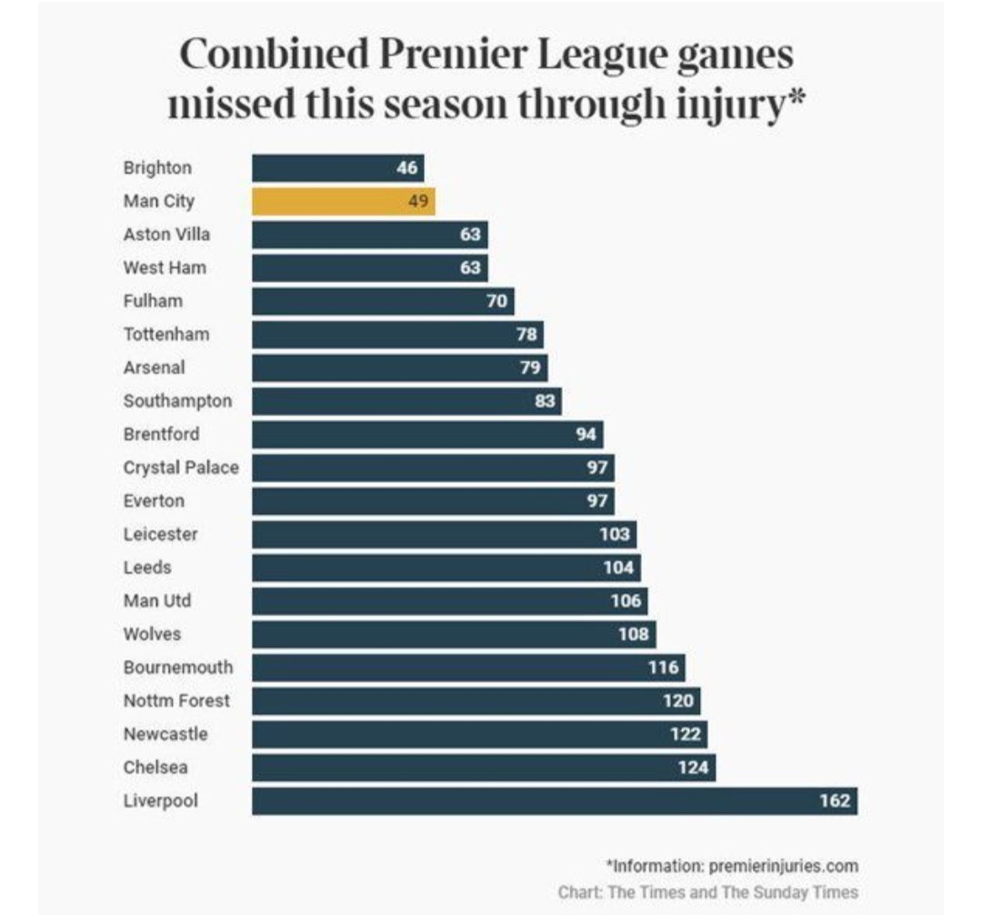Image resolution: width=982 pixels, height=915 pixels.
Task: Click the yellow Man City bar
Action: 344,202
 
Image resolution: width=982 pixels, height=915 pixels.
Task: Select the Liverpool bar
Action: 555,801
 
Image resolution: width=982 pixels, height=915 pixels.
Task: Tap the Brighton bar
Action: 338,168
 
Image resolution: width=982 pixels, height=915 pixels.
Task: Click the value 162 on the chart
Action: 835,800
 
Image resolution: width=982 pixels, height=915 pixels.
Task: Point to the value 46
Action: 407,168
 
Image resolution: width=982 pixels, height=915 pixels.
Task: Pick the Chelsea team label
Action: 155,767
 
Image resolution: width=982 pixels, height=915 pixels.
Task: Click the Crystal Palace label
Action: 181,468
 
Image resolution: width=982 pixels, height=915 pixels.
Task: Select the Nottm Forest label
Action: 176,701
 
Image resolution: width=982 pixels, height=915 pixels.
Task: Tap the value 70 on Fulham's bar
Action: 496,301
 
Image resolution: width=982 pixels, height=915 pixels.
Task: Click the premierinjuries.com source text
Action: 784,866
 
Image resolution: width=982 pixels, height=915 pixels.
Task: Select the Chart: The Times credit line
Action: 707,892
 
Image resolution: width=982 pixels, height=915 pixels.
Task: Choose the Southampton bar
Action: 407,401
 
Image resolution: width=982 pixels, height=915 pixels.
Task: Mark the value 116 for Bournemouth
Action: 663,668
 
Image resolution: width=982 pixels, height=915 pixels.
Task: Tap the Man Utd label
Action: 157,600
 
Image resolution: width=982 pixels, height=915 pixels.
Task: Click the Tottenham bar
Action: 397,335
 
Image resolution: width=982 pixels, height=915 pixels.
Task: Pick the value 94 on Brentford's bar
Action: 586,434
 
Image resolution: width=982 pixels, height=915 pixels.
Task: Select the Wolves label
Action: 152,634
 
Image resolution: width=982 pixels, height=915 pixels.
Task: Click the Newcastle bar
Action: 480,735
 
